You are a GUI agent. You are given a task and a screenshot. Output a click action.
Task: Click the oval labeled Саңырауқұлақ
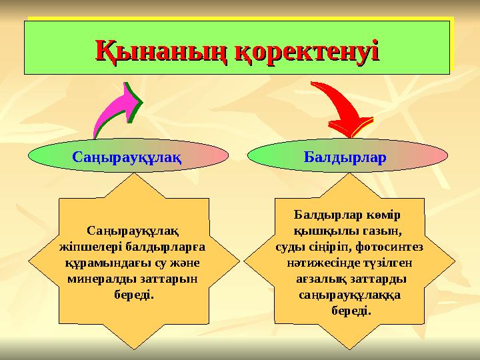pos(128,157)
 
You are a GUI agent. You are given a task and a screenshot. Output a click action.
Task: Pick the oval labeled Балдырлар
pos(347,157)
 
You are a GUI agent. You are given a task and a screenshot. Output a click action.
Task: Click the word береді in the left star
pos(133,294)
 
